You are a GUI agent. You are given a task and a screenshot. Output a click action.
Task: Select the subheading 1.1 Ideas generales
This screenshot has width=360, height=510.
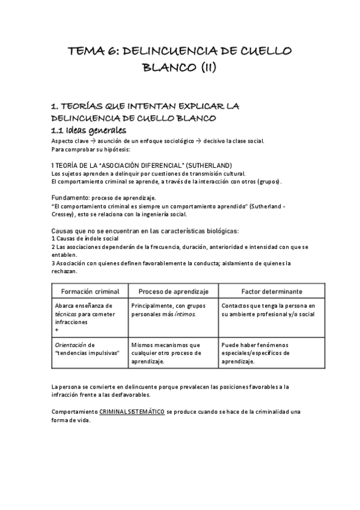click(x=88, y=130)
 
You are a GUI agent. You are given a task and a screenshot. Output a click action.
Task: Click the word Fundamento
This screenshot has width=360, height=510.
click(x=69, y=197)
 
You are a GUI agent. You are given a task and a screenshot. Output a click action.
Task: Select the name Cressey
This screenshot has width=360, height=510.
click(x=66, y=214)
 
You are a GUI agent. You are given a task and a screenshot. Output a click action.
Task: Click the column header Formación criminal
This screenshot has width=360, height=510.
click(x=90, y=291)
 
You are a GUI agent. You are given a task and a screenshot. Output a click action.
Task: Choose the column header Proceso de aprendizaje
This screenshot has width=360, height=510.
click(x=173, y=291)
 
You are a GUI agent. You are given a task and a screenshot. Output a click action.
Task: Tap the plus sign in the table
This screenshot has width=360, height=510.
click(x=56, y=330)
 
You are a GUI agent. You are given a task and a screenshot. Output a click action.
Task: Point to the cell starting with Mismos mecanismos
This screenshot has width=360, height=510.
click(x=172, y=353)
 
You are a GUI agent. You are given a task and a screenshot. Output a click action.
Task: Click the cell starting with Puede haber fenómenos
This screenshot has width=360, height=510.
click(x=260, y=353)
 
